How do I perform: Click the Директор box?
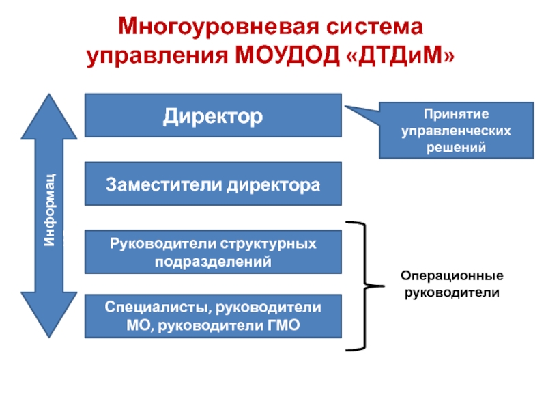[x=212, y=115]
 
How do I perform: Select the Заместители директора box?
[x=212, y=184]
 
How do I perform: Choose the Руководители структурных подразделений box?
[x=212, y=252]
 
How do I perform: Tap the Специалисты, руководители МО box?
[x=212, y=316]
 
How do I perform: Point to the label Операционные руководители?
[x=452, y=285]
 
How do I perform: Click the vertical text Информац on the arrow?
[x=49, y=209]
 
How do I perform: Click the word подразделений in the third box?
[x=212, y=261]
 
